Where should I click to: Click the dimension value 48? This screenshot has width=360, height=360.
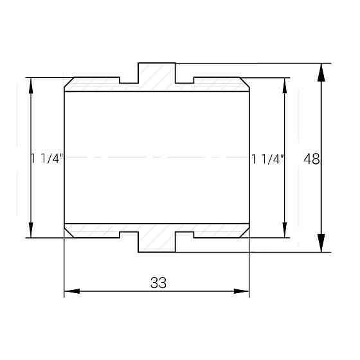coord(311,159)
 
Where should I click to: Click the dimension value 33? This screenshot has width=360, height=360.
coord(158,283)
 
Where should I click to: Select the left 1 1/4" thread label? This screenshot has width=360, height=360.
coord(47,158)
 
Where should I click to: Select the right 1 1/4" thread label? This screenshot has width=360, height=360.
coord(268,159)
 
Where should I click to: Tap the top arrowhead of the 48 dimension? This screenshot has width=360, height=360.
coord(321,72)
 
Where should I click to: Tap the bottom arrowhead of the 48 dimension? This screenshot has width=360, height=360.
coord(321,243)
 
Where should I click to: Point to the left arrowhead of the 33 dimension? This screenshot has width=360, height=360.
coord(72,291)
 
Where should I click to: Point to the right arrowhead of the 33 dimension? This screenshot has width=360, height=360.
coord(241,291)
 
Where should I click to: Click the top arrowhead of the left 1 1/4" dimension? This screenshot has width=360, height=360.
coord(31,85)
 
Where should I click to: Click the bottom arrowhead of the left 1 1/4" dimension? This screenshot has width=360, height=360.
coord(31,230)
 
